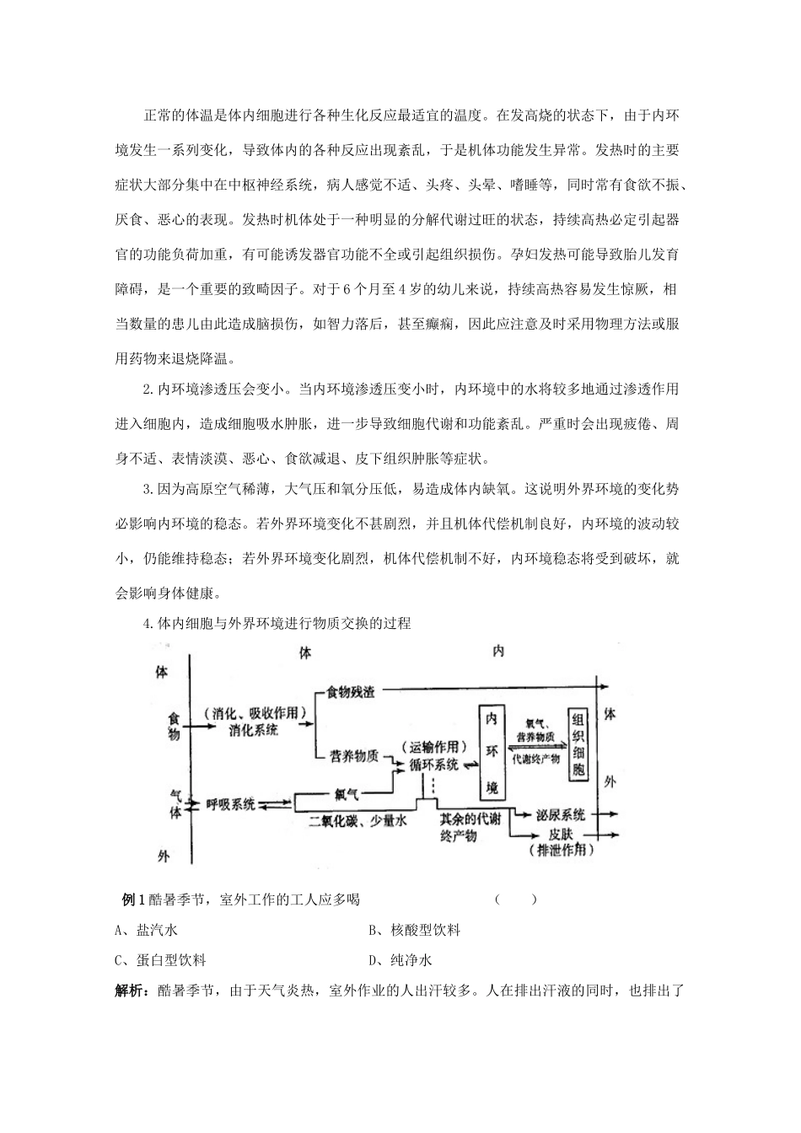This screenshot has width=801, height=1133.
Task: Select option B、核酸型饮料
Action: (x=414, y=930)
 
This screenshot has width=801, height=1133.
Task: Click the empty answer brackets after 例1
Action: (x=515, y=899)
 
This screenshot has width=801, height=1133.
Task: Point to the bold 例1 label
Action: (x=133, y=899)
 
